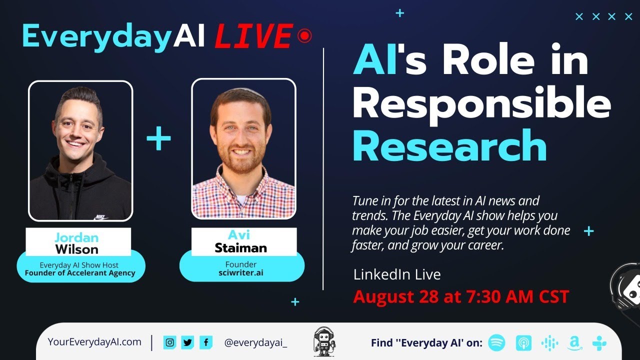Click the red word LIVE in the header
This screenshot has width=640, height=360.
pyautogui.click(x=253, y=36)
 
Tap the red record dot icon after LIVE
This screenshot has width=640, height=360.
pyautogui.click(x=304, y=35)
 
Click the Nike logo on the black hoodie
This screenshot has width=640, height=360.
pyautogui.click(x=100, y=217)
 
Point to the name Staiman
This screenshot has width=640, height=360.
pyautogui.click(x=241, y=247)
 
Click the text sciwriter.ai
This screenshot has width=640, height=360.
pyautogui.click(x=241, y=272)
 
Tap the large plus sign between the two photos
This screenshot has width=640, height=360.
pyautogui.click(x=159, y=138)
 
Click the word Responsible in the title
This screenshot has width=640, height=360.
pyautogui.click(x=481, y=102)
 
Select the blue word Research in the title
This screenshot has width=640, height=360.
pyautogui.click(x=449, y=146)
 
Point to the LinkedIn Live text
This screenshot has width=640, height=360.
pyautogui.click(x=397, y=274)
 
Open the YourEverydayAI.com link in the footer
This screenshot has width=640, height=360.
pyautogui.click(x=94, y=342)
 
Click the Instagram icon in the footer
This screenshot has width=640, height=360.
pyautogui.click(x=170, y=342)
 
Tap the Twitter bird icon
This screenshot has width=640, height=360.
pyautogui.click(x=187, y=342)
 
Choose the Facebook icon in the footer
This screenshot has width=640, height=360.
pyautogui.click(x=205, y=342)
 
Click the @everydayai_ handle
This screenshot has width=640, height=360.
pyautogui.click(x=255, y=342)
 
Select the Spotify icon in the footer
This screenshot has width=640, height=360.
pyautogui.click(x=496, y=343)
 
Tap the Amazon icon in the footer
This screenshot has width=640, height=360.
pyautogui.click(x=574, y=343)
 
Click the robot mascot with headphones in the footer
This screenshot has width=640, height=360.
pyautogui.click(x=324, y=342)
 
